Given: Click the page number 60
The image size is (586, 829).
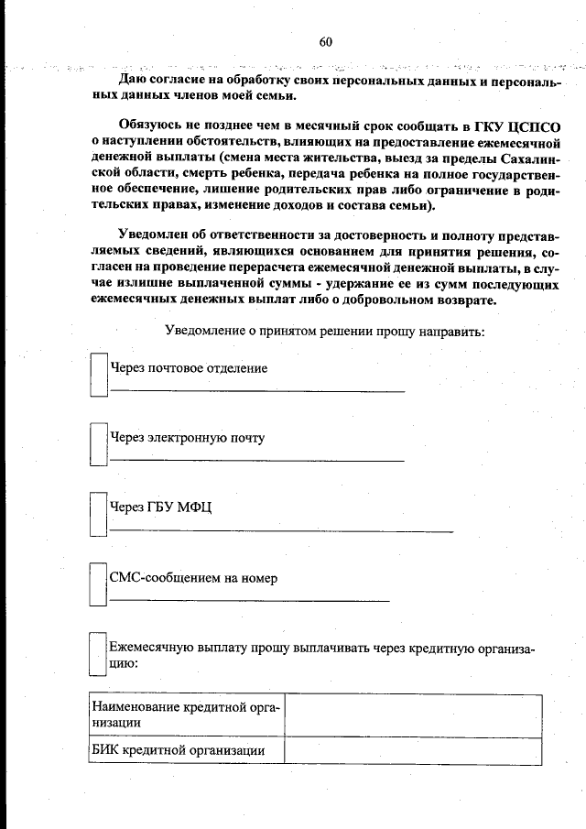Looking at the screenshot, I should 326,41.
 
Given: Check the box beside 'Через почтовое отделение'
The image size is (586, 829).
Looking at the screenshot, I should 98,376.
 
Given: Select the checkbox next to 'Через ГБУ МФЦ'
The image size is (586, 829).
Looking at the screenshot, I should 98,514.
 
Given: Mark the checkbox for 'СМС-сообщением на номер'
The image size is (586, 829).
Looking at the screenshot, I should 98,584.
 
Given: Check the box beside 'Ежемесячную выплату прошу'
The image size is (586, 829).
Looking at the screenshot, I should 98,654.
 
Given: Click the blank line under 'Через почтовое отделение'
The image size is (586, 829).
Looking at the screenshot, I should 256,390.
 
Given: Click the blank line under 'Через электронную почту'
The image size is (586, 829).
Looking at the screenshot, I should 256,460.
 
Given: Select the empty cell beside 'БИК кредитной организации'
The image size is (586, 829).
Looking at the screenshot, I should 412,750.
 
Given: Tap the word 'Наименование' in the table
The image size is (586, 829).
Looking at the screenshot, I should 136,705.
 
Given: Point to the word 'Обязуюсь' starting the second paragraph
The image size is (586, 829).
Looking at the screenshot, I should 150,126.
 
